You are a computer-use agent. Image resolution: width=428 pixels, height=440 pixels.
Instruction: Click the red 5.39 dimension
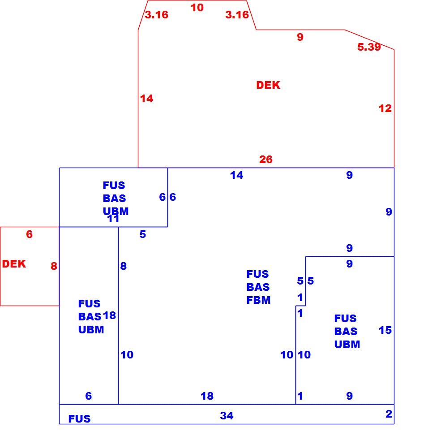(369, 47)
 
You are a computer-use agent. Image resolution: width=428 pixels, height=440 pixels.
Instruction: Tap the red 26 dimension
(265, 160)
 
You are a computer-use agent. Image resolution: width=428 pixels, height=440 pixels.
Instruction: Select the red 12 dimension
(385, 108)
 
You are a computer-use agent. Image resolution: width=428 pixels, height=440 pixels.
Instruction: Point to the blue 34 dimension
(227, 416)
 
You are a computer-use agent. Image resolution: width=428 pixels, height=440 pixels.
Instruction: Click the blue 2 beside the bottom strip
(389, 414)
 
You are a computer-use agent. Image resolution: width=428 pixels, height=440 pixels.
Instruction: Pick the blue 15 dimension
(385, 330)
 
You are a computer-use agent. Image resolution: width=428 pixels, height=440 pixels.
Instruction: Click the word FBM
(258, 300)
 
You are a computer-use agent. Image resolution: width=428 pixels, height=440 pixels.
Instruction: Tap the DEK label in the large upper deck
(268, 85)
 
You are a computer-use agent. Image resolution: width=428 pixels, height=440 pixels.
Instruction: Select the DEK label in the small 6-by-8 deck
(14, 264)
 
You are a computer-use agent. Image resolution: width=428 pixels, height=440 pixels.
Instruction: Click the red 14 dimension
(146, 99)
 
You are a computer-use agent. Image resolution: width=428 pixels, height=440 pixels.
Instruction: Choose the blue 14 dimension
(236, 175)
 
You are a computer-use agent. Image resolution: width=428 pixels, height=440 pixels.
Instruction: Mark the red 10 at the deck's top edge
(197, 8)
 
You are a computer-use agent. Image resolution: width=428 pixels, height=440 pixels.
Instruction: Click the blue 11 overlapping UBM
(114, 219)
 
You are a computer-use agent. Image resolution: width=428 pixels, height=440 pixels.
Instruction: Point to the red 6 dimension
(29, 234)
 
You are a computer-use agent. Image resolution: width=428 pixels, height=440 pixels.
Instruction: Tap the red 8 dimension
(54, 266)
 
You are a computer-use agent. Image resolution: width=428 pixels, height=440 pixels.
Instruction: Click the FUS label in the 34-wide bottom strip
(79, 418)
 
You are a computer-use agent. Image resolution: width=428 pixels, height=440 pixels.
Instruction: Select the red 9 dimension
(300, 37)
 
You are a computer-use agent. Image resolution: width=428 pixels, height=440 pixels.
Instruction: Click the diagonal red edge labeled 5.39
(369, 39)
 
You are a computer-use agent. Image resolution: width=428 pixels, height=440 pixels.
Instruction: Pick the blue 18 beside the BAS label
(109, 315)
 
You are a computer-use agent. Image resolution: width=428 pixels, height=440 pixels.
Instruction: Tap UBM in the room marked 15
(347, 344)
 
